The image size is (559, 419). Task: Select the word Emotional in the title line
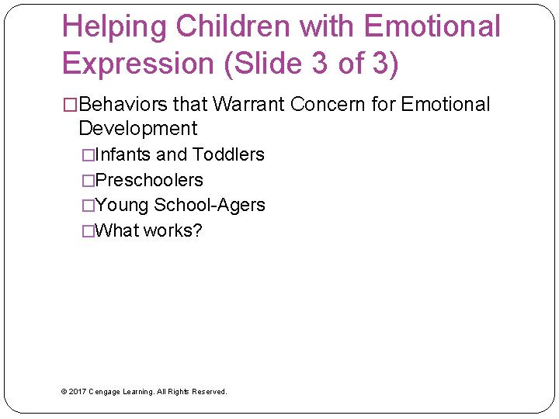[x=432, y=27]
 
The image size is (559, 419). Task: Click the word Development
[x=138, y=128]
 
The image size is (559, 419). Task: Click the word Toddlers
[x=228, y=154]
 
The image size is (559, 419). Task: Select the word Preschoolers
[x=148, y=180]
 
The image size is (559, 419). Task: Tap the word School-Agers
[x=210, y=205]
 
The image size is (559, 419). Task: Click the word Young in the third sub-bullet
[x=122, y=205]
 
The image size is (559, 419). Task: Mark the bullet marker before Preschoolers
[x=89, y=181]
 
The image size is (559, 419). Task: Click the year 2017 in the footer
[x=78, y=392]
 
